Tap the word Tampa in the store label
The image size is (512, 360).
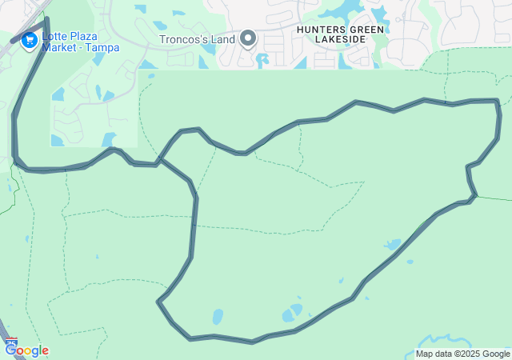(102, 48)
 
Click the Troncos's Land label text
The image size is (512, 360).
(197, 38)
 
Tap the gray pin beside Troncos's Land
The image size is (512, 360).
(248, 38)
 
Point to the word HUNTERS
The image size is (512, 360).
(321, 30)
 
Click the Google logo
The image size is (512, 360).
(26, 350)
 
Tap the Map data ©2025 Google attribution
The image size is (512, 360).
(462, 354)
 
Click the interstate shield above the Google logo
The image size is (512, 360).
(11, 342)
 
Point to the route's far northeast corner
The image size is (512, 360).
(497, 102)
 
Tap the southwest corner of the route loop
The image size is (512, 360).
(160, 302)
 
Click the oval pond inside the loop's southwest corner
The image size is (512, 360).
(218, 317)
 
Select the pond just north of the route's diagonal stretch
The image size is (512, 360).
(394, 244)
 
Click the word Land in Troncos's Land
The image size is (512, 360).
(222, 38)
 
